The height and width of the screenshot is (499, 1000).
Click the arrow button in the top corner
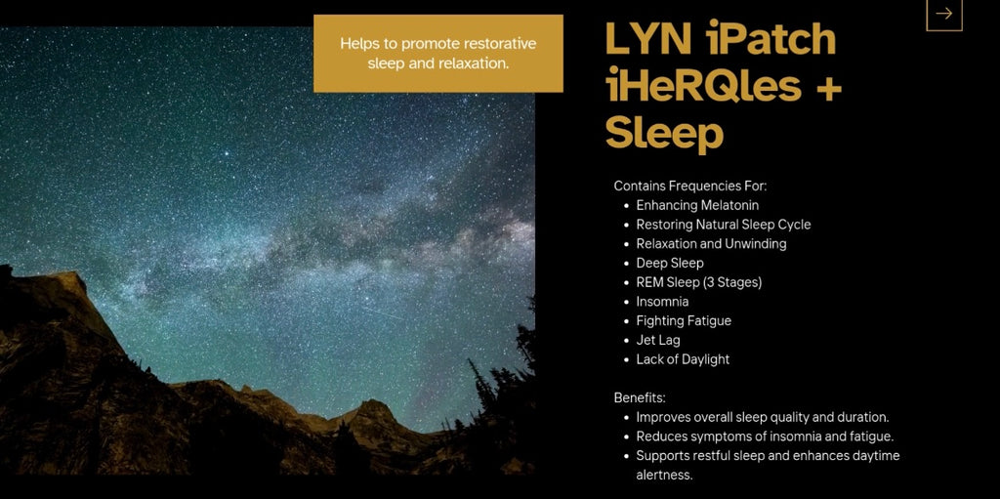tap(944, 14)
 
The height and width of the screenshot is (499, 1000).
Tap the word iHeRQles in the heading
tap(703, 86)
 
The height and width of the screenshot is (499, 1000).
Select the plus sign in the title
tap(828, 89)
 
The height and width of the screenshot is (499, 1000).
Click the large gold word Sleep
tap(664, 134)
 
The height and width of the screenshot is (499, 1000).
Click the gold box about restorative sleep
tap(438, 54)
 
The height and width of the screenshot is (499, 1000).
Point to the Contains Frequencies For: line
tap(690, 187)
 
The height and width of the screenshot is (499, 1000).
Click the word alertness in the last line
tap(664, 476)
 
